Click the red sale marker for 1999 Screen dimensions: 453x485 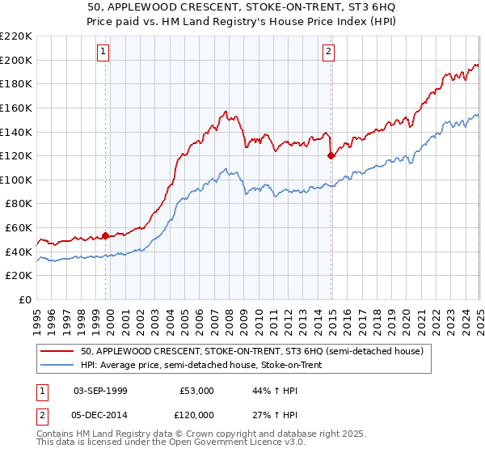(x=105, y=235)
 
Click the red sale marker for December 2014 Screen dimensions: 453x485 (x=331, y=155)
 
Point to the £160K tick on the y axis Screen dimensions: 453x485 (x=16, y=107)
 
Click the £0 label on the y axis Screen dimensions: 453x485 (x=24, y=300)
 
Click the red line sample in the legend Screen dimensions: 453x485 (x=58, y=352)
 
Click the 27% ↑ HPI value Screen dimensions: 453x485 (x=274, y=414)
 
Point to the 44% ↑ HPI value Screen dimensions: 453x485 (x=274, y=391)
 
